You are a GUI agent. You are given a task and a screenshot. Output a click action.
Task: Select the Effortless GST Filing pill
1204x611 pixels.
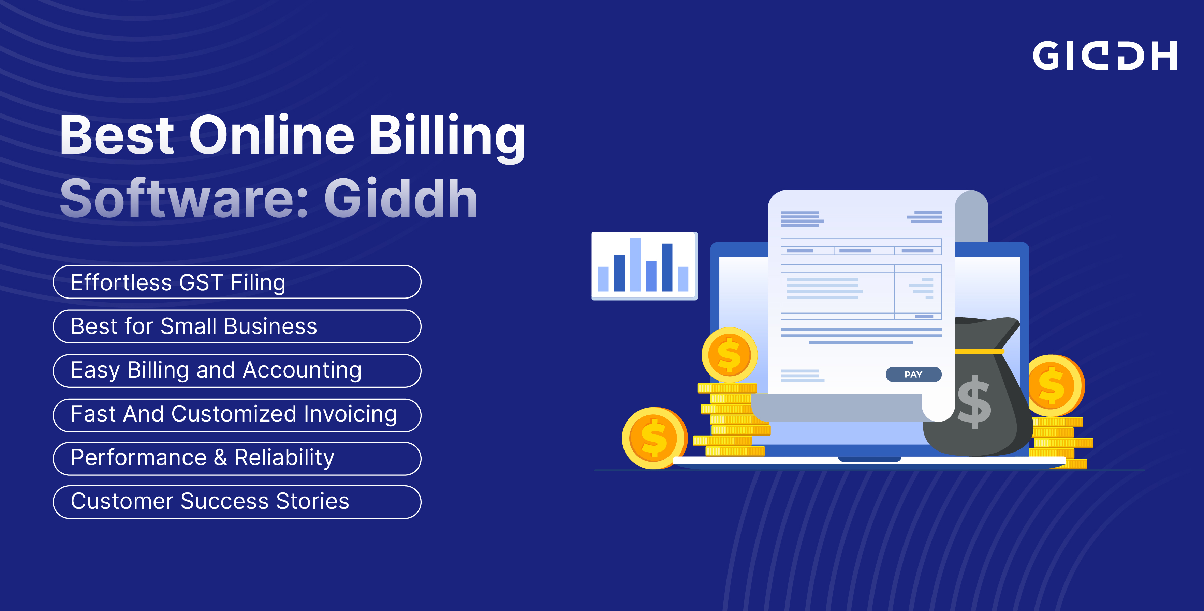(x=237, y=282)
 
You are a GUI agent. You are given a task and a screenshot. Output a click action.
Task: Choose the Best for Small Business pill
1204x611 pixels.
(x=237, y=326)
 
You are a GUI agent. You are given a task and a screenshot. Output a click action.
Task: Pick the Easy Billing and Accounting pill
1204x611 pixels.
(x=237, y=370)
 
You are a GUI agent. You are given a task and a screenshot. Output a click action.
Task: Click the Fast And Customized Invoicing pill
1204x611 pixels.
(x=237, y=415)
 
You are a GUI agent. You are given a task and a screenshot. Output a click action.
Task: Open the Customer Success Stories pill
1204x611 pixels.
(x=237, y=502)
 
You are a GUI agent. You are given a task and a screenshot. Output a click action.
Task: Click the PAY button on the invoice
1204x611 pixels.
(x=913, y=374)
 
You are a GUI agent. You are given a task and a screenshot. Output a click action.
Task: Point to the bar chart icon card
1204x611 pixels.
(x=644, y=266)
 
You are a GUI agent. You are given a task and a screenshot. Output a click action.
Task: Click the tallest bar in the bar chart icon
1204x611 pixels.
(x=635, y=264)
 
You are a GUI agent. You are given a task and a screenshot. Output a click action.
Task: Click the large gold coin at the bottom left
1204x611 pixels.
(x=654, y=438)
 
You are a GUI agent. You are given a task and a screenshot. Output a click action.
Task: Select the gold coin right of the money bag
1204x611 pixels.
(x=1055, y=385)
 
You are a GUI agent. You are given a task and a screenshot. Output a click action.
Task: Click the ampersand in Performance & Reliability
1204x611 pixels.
(x=220, y=458)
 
